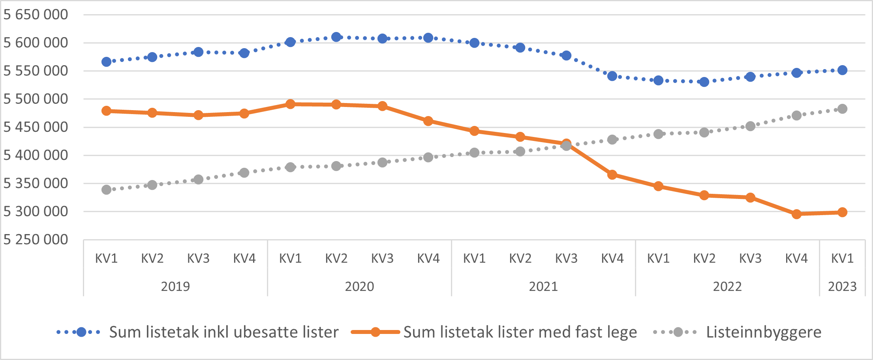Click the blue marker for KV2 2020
point(336,37)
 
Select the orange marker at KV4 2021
point(612,174)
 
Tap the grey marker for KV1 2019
point(106,190)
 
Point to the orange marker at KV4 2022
point(796,214)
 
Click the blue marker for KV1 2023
point(842,70)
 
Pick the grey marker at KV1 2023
point(842,109)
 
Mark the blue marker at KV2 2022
point(704,82)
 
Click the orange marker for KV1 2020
point(290,104)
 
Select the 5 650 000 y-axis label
point(36,15)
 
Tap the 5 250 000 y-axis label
point(36,240)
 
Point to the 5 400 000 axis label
point(36,155)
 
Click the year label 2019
point(175,286)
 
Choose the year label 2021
point(543,286)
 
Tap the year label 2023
point(842,286)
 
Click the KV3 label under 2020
point(382,259)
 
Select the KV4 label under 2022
point(796,259)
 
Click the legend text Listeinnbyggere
point(764,332)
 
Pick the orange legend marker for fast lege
point(375,332)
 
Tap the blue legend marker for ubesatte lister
point(81,332)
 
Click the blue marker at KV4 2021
point(612,76)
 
